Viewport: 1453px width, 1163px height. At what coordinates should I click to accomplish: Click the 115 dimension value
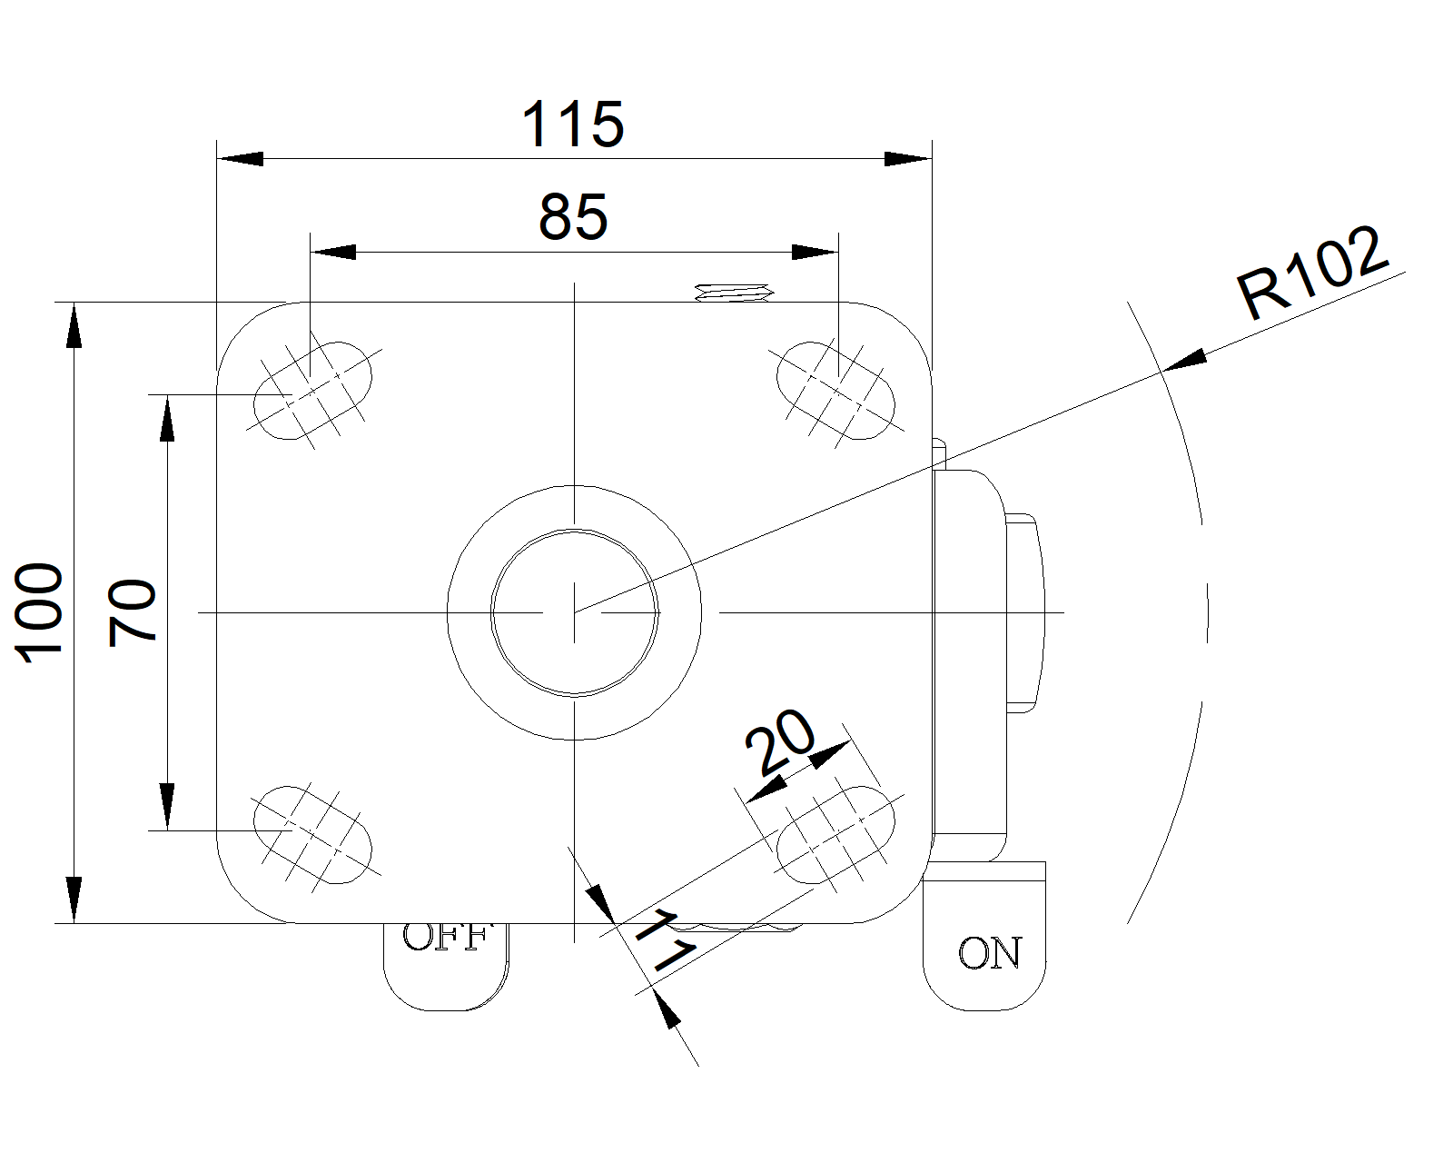coord(573,124)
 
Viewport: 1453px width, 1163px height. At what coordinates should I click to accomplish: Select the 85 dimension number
coord(573,218)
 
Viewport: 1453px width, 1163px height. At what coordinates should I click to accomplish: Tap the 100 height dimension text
coord(42,612)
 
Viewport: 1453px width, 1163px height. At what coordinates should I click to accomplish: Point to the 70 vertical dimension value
coord(133,612)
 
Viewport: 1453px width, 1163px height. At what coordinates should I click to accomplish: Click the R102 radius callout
coord(1313,272)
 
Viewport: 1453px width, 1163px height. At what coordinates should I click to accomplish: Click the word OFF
coord(446,937)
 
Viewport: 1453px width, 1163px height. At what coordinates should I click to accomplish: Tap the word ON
coord(989,953)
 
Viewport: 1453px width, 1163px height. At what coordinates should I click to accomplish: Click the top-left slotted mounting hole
coord(312,391)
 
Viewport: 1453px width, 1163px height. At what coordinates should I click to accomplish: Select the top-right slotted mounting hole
coord(835,391)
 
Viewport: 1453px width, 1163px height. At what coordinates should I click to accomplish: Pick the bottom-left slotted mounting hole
coord(312,834)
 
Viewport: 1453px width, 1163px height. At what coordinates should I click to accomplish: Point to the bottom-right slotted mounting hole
coord(835,834)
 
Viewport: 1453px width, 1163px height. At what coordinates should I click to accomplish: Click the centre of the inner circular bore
coord(574,612)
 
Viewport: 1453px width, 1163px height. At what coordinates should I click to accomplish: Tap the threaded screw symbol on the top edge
coord(733,293)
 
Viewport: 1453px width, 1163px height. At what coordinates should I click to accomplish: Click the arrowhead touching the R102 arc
coord(1184,362)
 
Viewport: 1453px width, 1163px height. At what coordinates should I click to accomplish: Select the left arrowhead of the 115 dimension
coord(240,159)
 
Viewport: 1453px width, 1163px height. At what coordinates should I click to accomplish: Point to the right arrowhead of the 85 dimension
coord(815,252)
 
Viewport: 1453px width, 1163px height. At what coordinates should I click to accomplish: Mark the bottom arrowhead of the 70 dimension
coord(167,807)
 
